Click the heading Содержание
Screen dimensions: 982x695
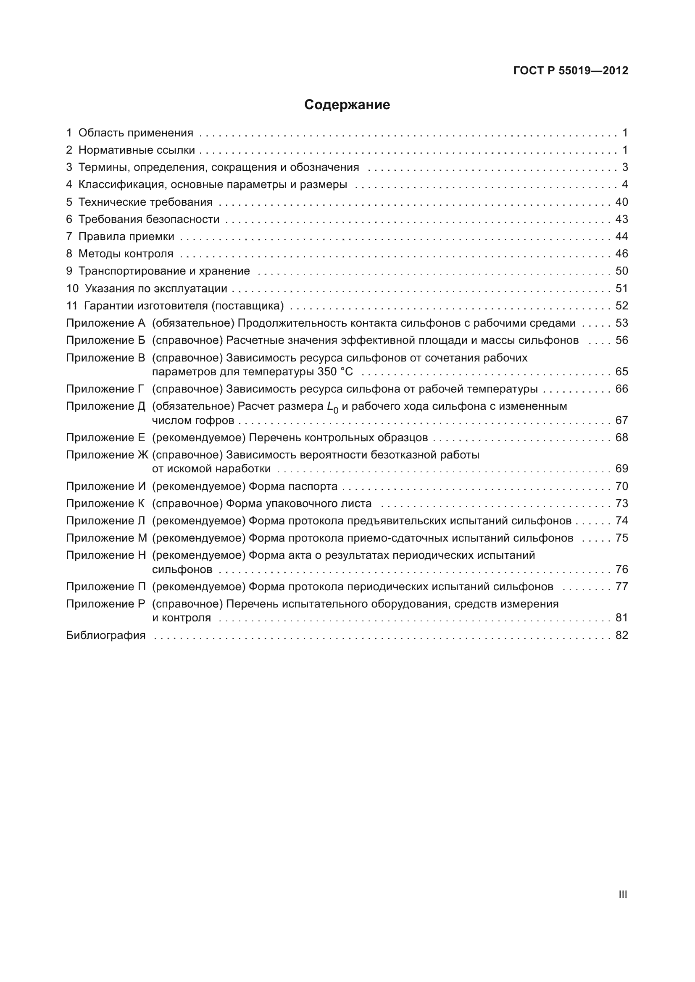coord(347,105)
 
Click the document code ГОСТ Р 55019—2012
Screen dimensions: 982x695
coord(571,71)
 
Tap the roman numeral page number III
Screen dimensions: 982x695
coord(623,894)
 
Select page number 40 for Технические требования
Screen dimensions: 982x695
coord(621,202)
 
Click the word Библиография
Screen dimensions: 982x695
coord(106,635)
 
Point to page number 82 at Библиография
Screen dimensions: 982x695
coord(621,635)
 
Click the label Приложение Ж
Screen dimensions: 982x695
coord(107,455)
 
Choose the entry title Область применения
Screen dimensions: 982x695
coord(136,133)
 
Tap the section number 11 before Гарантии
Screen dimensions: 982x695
coord(71,306)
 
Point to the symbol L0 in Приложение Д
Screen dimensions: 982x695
coord(332,407)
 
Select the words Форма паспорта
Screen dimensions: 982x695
coord(293,486)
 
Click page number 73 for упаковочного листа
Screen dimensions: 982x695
coord(621,503)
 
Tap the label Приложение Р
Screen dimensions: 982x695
coord(106,604)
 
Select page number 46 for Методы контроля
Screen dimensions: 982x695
coord(621,254)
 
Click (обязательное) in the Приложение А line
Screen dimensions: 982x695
coord(193,323)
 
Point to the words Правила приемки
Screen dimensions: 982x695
coord(126,236)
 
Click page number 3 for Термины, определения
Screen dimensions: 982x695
coord(625,167)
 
